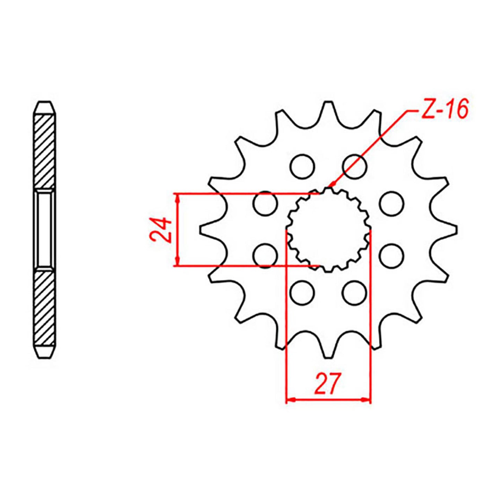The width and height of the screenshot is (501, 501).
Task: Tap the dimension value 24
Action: tap(161, 230)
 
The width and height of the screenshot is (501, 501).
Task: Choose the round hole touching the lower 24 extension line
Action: tap(265, 256)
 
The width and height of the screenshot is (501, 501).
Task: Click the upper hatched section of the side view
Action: tap(45, 151)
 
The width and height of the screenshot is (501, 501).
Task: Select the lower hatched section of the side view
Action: tap(45, 308)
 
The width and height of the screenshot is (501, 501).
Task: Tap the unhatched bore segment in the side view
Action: tap(45, 230)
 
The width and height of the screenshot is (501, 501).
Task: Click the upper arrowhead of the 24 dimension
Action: tap(178, 198)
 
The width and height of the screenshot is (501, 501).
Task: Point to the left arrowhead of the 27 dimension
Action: tap(290, 400)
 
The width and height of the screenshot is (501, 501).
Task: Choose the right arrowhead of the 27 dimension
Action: tap(366, 400)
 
